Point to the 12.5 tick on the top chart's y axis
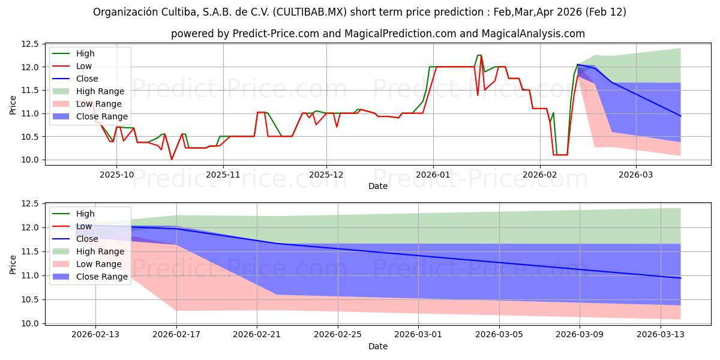pos(29,44)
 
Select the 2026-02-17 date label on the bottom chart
pos(176,334)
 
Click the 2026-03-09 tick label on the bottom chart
pos(580,334)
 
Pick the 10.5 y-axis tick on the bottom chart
pos(29,299)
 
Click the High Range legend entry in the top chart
pos(100,91)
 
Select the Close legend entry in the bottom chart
pos(87,239)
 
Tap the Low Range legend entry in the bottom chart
pos(98,264)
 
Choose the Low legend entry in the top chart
pos(85,66)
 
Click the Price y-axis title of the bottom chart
pos(13,263)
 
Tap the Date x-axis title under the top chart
pos(377,186)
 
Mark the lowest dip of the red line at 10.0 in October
pos(172,159)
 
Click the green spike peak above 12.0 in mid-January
pos(479,55)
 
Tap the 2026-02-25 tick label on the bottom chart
pos(338,334)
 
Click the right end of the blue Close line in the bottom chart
pos(680,278)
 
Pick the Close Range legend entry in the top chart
pos(101,116)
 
